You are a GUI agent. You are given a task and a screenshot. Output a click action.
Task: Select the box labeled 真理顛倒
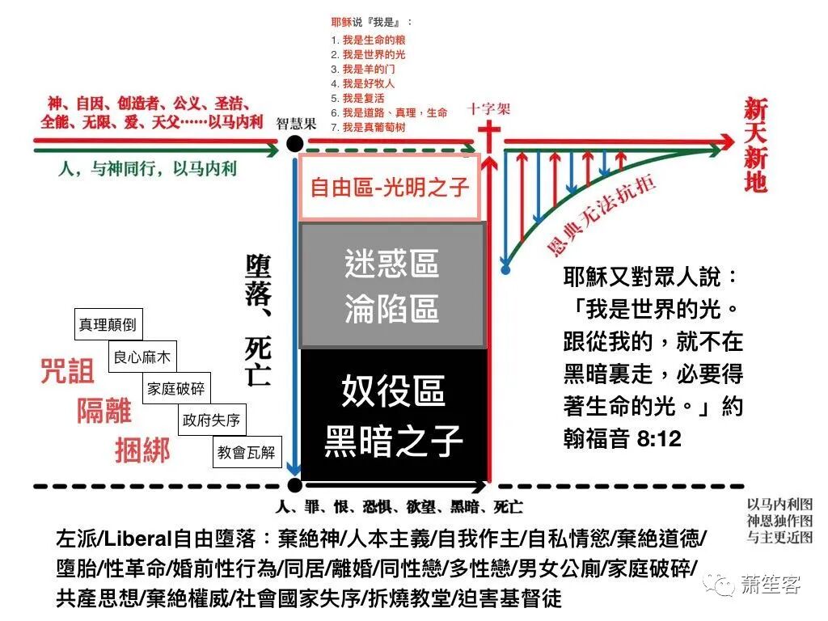point(108,326)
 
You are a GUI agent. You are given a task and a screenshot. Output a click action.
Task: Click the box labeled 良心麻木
point(142,357)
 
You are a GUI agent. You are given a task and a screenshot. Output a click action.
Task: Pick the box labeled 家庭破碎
point(176,389)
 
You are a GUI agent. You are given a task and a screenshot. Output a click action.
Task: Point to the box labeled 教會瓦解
point(246,452)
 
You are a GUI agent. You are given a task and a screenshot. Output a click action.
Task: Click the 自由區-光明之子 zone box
point(391,187)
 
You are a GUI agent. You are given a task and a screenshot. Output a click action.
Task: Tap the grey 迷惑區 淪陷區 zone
point(392,286)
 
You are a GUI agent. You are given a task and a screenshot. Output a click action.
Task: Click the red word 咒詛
point(68,370)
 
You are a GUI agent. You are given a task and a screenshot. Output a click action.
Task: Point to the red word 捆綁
point(142,450)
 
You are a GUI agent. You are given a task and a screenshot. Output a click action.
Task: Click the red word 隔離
point(104,410)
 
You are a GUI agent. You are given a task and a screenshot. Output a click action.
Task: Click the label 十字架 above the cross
point(488,109)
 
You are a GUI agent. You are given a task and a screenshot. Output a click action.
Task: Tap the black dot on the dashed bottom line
point(294,485)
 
